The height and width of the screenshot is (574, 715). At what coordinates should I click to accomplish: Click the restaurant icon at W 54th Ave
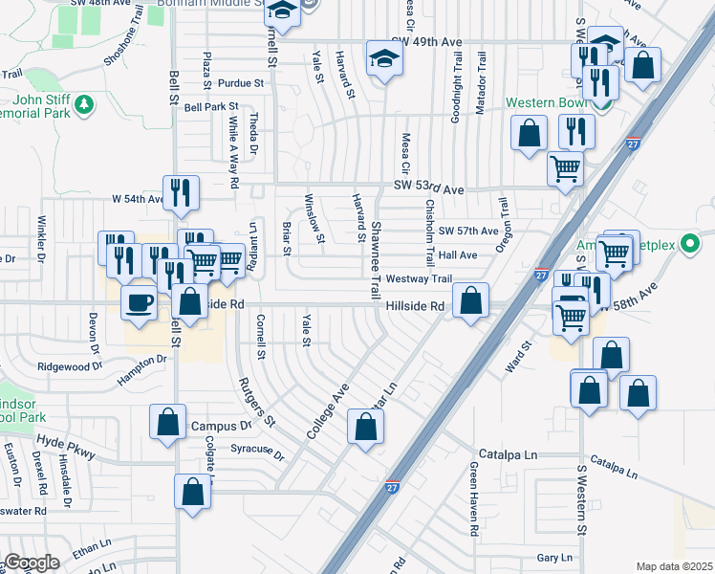181,192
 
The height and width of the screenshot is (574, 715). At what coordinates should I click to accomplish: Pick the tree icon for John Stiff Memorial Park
86,102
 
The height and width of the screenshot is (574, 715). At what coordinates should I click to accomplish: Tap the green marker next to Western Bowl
577,102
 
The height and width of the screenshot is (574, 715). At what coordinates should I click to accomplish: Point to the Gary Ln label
553,557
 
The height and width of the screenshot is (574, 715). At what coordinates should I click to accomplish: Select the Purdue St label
240,83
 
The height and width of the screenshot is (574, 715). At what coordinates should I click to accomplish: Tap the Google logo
32,563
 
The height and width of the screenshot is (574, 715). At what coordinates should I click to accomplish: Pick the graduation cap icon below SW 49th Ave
384,59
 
